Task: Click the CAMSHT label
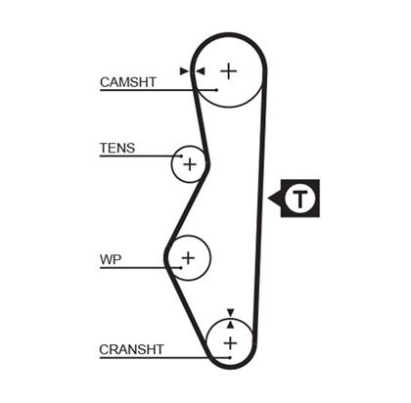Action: pyautogui.click(x=128, y=82)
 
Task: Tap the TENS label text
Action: pyautogui.click(x=117, y=148)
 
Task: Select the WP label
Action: pyautogui.click(x=111, y=259)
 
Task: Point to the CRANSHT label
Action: pyautogui.click(x=131, y=349)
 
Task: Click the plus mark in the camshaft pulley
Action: pyautogui.click(x=229, y=71)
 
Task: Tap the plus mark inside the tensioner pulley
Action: pyautogui.click(x=190, y=164)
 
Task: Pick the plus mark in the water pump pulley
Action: pyautogui.click(x=188, y=258)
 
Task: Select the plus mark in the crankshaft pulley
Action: pyautogui.click(x=230, y=343)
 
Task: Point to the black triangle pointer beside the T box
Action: pyautogui.click(x=275, y=198)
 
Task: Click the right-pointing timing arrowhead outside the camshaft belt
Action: pyautogui.click(x=184, y=71)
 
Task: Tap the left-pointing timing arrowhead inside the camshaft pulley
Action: pyautogui.click(x=200, y=71)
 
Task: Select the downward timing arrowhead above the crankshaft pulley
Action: pyautogui.click(x=231, y=312)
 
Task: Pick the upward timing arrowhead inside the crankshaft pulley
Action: pyautogui.click(x=231, y=325)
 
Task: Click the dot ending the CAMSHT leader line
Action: pyautogui.click(x=216, y=90)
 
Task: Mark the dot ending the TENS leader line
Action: pyautogui.click(x=181, y=157)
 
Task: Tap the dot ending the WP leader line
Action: pyautogui.click(x=181, y=268)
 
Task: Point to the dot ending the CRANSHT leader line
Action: pyautogui.click(x=230, y=358)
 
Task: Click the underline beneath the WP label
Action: pyautogui.click(x=140, y=268)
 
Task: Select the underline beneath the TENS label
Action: pyautogui.click(x=140, y=157)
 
